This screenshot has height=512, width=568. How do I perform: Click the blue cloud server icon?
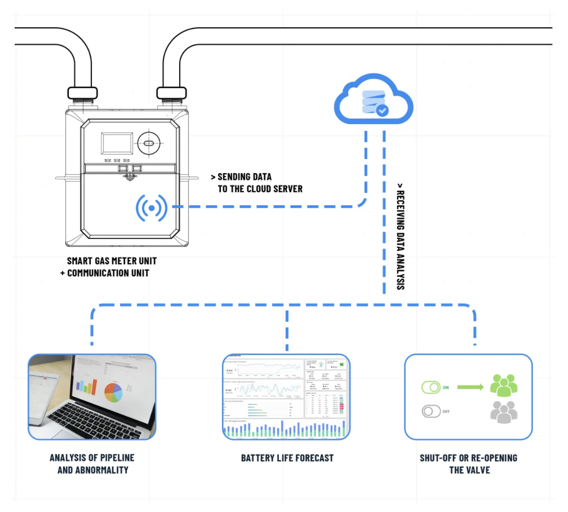pos(373,100)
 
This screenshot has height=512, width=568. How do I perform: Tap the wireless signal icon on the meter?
pos(151,208)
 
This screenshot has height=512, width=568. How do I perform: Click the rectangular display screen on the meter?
pos(117,143)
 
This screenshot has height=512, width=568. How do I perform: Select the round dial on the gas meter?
pos(149,143)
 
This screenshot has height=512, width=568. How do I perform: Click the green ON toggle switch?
pos(431,387)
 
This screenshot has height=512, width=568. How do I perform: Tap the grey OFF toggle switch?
pos(431,411)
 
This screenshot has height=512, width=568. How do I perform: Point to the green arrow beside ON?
pos(470,387)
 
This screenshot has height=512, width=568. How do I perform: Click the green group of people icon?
pos(503,385)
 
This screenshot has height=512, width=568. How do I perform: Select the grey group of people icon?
pos(503,412)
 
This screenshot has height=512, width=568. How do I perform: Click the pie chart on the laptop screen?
pos(113,392)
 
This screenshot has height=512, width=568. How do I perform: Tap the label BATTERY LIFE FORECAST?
pos(287,458)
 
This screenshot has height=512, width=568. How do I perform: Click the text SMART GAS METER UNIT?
pos(112,261)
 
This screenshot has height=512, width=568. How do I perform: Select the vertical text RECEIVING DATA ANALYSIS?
pos(400,237)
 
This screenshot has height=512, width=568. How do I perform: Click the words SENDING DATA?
pos(244,177)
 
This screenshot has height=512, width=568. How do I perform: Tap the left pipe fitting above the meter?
pos(82,93)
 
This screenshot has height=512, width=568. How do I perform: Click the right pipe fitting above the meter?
pos(171,93)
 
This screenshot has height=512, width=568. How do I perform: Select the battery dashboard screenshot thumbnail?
pos(286,397)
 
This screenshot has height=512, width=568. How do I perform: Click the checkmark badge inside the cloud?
pos(382,110)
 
